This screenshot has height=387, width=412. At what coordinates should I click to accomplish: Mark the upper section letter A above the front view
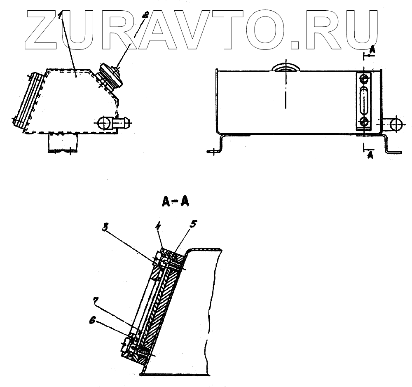372,49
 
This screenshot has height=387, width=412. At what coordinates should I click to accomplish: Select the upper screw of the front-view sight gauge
364,79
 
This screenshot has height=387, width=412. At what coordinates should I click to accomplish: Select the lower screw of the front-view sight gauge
364,122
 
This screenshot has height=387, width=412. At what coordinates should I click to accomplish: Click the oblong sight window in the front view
364,100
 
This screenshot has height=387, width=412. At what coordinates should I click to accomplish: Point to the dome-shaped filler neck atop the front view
285,67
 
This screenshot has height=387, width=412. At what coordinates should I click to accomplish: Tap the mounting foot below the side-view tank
63,143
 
